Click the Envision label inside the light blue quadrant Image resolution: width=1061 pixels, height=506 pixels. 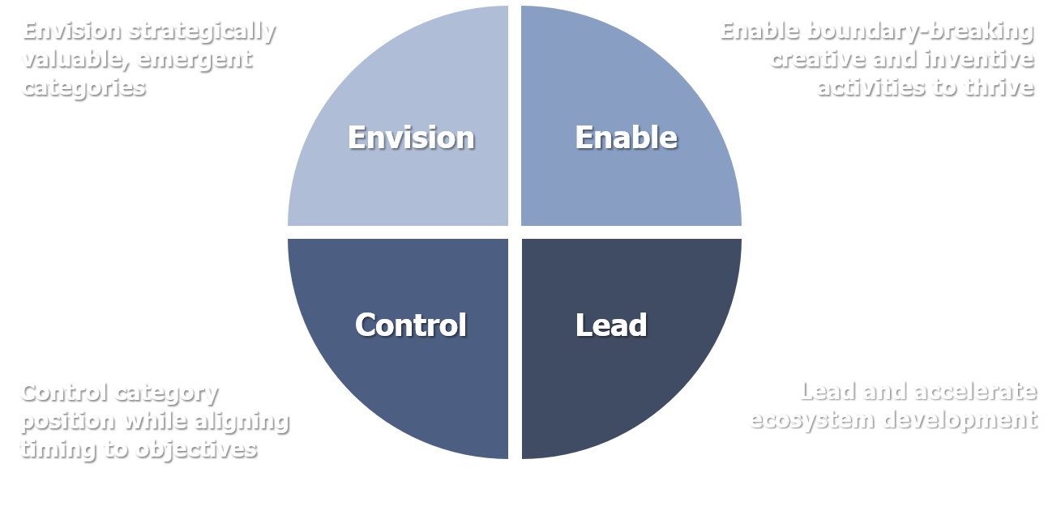pos(411,138)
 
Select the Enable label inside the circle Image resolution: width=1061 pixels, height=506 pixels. pos(626,138)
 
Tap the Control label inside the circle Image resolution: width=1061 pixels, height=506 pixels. pos(411,325)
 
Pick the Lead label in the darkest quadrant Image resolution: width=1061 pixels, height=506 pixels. pos(611,325)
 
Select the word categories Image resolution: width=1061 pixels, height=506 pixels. pos(83,87)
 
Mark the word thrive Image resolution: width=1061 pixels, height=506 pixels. pos(996,87)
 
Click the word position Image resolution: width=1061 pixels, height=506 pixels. pos(67,421)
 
